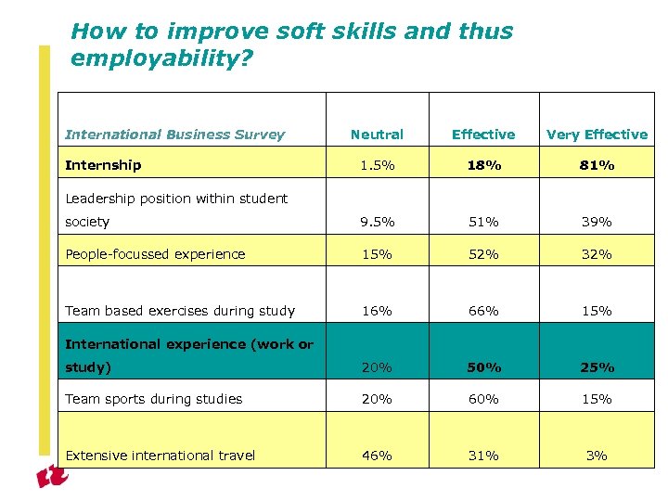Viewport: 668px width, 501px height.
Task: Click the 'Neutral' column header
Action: [x=377, y=135]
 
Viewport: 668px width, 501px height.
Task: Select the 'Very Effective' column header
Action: [x=597, y=135]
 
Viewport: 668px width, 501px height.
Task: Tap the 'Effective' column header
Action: [x=482, y=135]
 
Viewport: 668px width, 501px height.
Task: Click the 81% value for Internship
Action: [x=597, y=165]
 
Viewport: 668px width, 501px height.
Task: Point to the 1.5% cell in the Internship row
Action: [x=377, y=165]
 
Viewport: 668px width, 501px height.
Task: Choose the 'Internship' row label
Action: [x=103, y=165]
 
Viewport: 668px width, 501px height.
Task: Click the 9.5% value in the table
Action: [x=377, y=222]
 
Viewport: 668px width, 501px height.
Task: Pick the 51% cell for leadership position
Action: [x=482, y=222]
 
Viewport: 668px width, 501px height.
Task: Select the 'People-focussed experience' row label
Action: [x=155, y=254]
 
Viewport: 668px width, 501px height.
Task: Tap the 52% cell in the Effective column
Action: [x=482, y=254]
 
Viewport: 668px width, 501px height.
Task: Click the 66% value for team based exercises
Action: [x=482, y=311]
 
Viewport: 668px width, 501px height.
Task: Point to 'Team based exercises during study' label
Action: [x=180, y=311]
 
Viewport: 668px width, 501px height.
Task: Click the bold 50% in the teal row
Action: [x=482, y=367]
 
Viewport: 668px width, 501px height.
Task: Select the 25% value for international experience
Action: [x=597, y=367]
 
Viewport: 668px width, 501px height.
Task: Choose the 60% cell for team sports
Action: [x=482, y=399]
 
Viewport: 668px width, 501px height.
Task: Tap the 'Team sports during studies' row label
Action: [x=153, y=399]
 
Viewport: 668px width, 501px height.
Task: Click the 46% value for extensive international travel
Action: [x=377, y=456]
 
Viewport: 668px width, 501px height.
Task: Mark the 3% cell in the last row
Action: [x=597, y=456]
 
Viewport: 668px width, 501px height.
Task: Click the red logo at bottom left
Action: [x=52, y=475]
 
